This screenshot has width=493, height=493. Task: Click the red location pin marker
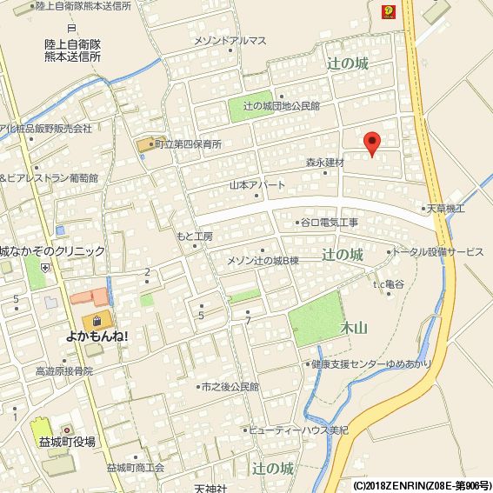371,144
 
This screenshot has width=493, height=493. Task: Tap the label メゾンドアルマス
230,41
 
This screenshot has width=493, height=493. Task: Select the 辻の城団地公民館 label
281,105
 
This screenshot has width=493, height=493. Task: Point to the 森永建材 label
324,163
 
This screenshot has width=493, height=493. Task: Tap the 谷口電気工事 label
329,223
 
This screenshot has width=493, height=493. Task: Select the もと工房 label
194,237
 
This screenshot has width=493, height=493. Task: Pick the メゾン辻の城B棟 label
262,261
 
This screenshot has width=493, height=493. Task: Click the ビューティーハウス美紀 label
297,430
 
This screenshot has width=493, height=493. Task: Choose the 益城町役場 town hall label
67,442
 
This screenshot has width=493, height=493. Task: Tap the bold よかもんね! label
97,336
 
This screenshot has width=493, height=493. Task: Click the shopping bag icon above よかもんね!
103,318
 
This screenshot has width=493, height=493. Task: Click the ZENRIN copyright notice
421,484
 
